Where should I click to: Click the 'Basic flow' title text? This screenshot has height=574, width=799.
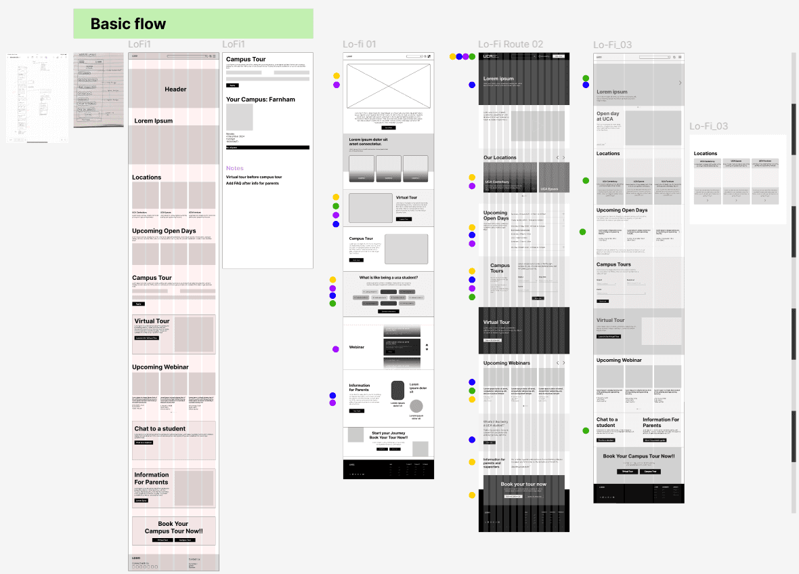(128, 24)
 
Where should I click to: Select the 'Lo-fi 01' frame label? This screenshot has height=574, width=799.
(359, 45)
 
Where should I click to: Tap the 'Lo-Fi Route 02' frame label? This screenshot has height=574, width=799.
(511, 45)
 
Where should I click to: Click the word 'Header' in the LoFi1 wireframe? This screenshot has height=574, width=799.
(175, 89)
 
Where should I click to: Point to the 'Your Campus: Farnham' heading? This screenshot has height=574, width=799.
(261, 99)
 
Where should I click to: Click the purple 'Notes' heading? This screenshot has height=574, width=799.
(235, 168)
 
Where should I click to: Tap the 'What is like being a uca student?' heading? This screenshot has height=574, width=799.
(388, 277)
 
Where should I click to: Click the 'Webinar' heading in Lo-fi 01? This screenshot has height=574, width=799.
(357, 347)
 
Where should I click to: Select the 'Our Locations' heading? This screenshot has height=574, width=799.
(500, 157)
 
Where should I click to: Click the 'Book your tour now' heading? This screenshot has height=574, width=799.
(523, 484)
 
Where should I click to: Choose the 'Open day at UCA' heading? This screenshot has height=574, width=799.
(608, 116)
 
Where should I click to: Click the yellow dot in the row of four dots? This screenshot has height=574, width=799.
(453, 57)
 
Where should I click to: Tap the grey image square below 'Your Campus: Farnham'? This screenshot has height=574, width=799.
(239, 117)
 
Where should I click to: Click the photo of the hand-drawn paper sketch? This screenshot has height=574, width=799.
(98, 89)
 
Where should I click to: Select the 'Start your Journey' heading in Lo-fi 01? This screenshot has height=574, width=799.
(389, 433)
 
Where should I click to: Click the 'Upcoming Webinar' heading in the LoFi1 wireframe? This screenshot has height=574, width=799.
(160, 367)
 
